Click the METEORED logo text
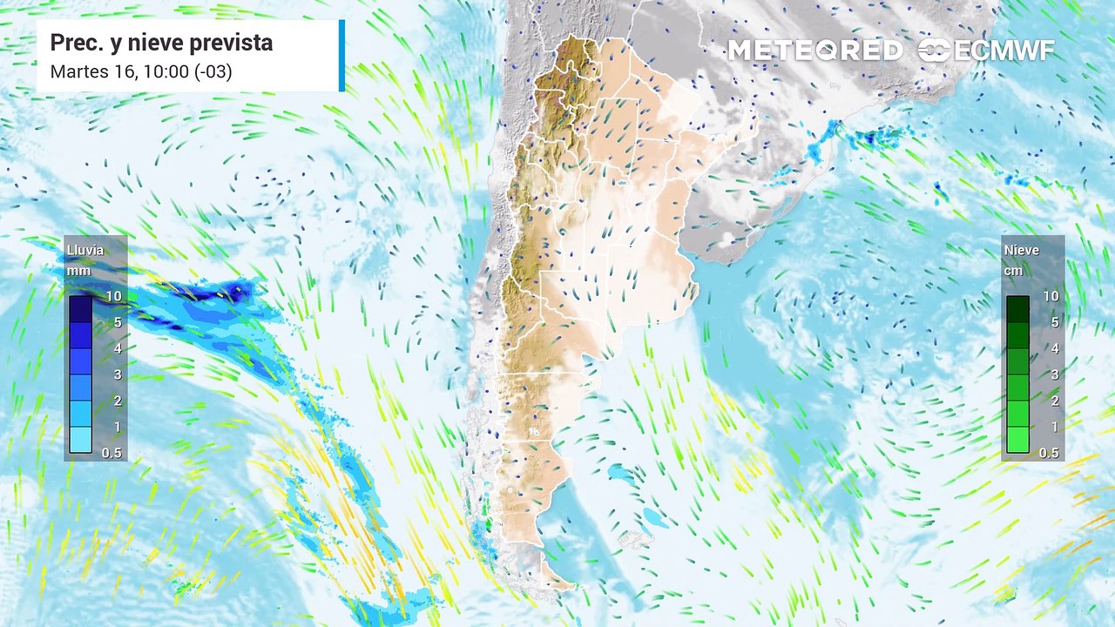pos(814,51)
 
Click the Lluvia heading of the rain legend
pos(85,251)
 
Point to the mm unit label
pos(78,271)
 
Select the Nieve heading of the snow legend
pos(1021,251)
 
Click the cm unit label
pos(1014,271)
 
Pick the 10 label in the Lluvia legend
pos(113,296)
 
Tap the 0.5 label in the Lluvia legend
pos(112,453)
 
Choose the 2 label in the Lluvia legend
pos(116,401)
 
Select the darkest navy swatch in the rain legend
pos(80,309)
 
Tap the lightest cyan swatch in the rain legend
pos(80,440)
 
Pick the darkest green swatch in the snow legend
pos(1017,309)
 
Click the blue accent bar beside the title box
pos(341,56)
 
